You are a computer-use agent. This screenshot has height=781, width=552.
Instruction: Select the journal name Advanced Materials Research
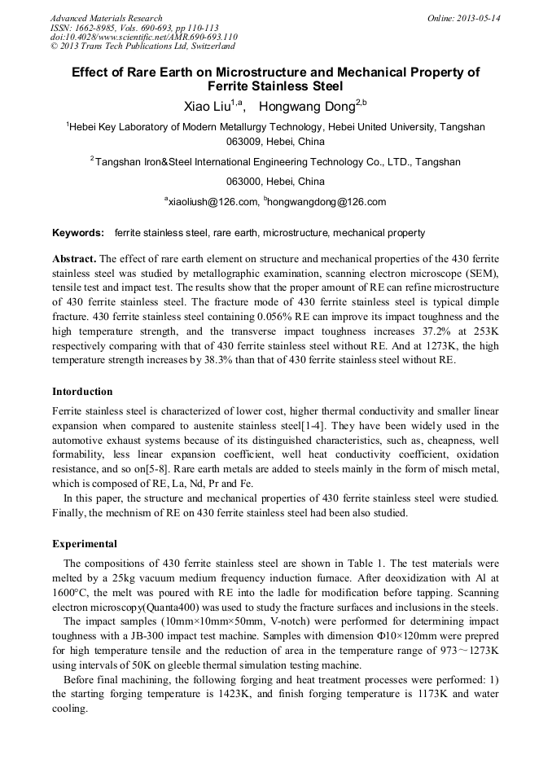tap(106, 18)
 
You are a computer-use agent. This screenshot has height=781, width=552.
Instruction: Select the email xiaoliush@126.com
tap(213, 202)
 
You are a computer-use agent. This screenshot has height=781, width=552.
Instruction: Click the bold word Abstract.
tap(74, 258)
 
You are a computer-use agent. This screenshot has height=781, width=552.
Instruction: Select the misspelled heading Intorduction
tap(82, 392)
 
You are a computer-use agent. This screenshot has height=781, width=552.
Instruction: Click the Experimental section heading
tap(85, 544)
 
